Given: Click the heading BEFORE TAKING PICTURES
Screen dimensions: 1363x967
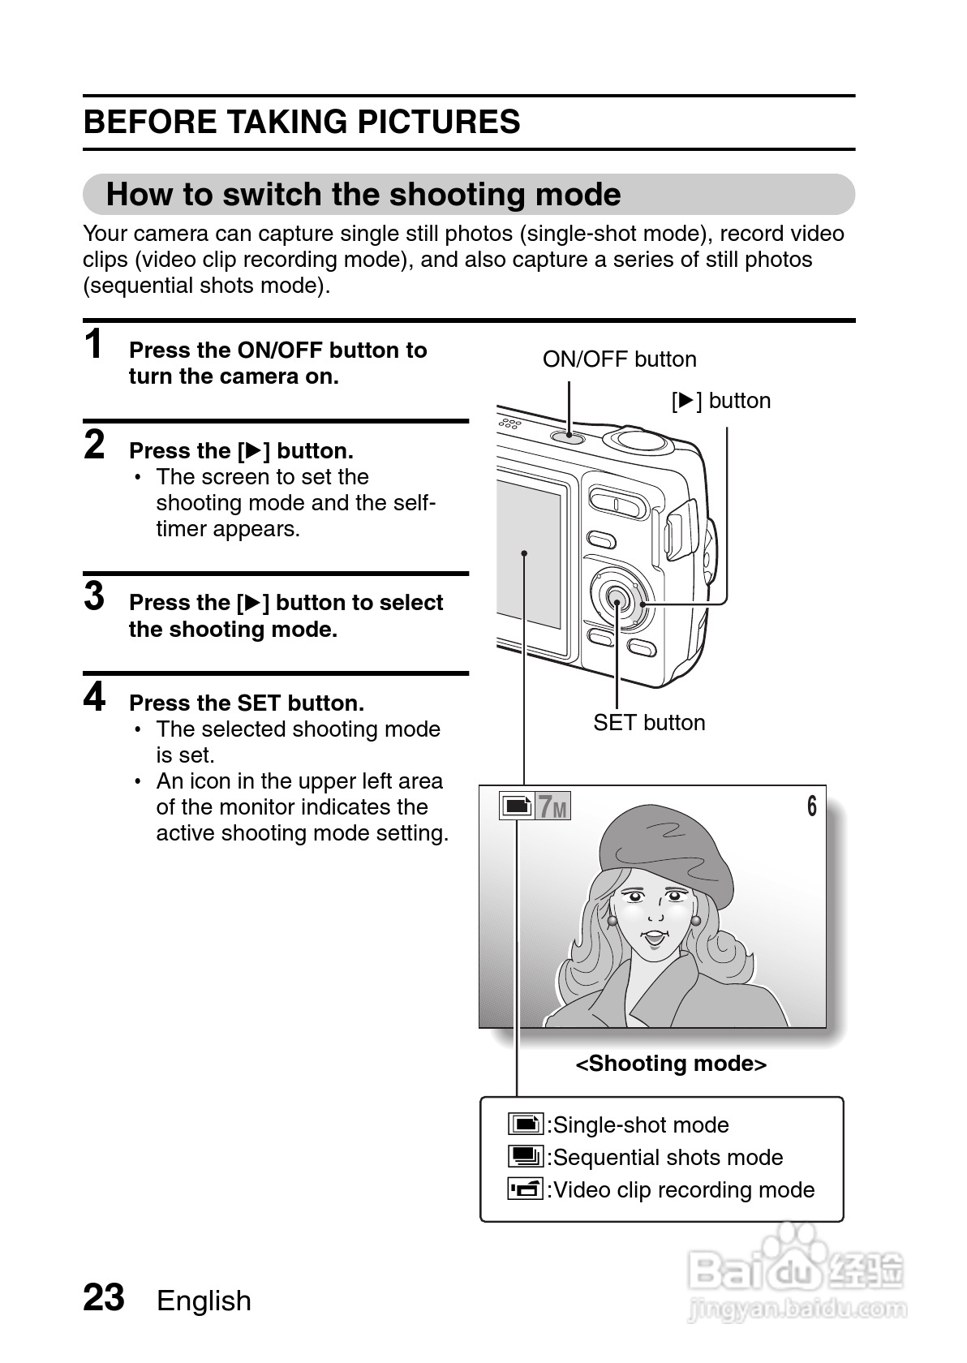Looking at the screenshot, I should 302,123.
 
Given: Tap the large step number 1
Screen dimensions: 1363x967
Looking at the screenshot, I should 94,344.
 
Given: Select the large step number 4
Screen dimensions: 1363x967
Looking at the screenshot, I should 94,697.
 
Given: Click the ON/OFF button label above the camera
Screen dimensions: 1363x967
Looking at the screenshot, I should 619,359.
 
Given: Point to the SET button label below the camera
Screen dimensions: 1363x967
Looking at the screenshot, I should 649,723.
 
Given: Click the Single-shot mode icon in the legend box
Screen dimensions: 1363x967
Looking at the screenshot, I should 525,1124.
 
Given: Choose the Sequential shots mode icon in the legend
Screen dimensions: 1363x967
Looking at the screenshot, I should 525,1157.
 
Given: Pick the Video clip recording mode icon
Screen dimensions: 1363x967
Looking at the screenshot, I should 525,1189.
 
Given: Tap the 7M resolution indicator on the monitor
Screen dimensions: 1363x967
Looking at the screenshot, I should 552,807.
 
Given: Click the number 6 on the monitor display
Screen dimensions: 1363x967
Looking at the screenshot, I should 811,807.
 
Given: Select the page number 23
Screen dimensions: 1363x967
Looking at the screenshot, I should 104,1298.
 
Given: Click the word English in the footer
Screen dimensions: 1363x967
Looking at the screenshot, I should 204,1301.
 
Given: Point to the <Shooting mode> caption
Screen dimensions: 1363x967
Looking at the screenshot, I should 671,1064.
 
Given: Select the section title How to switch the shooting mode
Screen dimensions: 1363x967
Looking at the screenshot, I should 363,195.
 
